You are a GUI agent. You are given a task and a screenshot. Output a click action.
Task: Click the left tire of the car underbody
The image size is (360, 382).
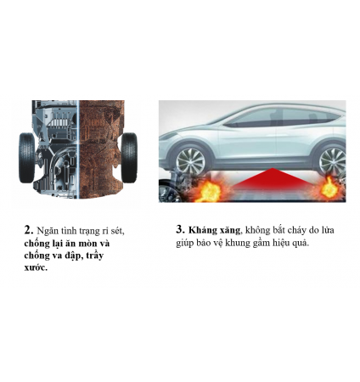click(x=27, y=158)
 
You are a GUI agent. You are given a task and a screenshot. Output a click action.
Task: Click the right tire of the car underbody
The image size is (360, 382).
click(x=129, y=158)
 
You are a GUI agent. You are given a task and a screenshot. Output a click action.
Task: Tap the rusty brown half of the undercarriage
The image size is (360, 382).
click(x=101, y=149)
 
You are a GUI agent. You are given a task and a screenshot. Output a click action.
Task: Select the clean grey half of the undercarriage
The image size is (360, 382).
click(x=55, y=149)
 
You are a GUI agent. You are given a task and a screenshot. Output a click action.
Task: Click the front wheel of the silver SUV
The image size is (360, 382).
click(x=190, y=161)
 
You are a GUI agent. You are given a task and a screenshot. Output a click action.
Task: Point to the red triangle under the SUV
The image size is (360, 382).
click(x=272, y=178)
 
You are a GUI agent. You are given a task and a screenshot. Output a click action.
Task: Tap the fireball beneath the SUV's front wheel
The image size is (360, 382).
click(x=208, y=191)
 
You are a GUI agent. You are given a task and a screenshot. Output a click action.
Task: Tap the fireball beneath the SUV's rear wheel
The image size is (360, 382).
click(x=329, y=188)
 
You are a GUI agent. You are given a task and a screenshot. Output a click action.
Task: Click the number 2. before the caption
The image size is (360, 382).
click(x=29, y=230)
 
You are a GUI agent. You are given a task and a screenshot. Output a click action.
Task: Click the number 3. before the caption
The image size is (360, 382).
click(x=180, y=229)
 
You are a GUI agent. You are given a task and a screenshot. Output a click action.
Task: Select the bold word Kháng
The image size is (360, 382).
click(x=201, y=230)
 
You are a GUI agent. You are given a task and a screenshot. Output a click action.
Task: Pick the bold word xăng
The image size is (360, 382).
click(x=228, y=230)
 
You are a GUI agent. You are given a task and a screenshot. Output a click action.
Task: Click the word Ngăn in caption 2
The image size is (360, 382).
click(x=48, y=231)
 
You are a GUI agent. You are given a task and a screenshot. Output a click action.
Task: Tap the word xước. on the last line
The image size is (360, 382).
click(x=36, y=267)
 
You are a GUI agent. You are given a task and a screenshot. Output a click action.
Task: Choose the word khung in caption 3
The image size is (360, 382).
click(x=239, y=243)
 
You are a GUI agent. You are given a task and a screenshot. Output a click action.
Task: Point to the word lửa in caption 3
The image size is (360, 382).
click(x=328, y=230)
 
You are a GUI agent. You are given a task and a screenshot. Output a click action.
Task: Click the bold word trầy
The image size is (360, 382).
click(x=94, y=256)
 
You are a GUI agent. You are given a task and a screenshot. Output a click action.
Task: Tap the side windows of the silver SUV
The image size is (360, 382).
click(x=280, y=117)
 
